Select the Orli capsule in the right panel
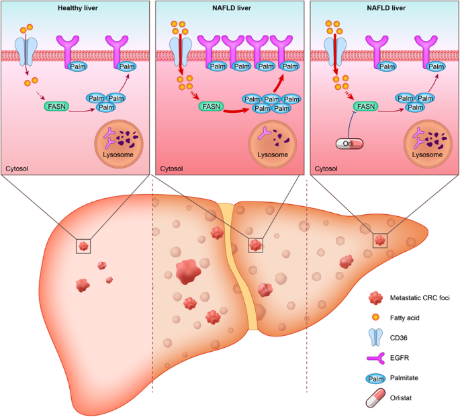tap(348, 142)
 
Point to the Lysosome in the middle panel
tap(273, 142)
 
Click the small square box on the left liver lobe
tap(83, 246)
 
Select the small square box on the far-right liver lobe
tap(380, 240)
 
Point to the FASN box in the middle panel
tap(209, 106)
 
